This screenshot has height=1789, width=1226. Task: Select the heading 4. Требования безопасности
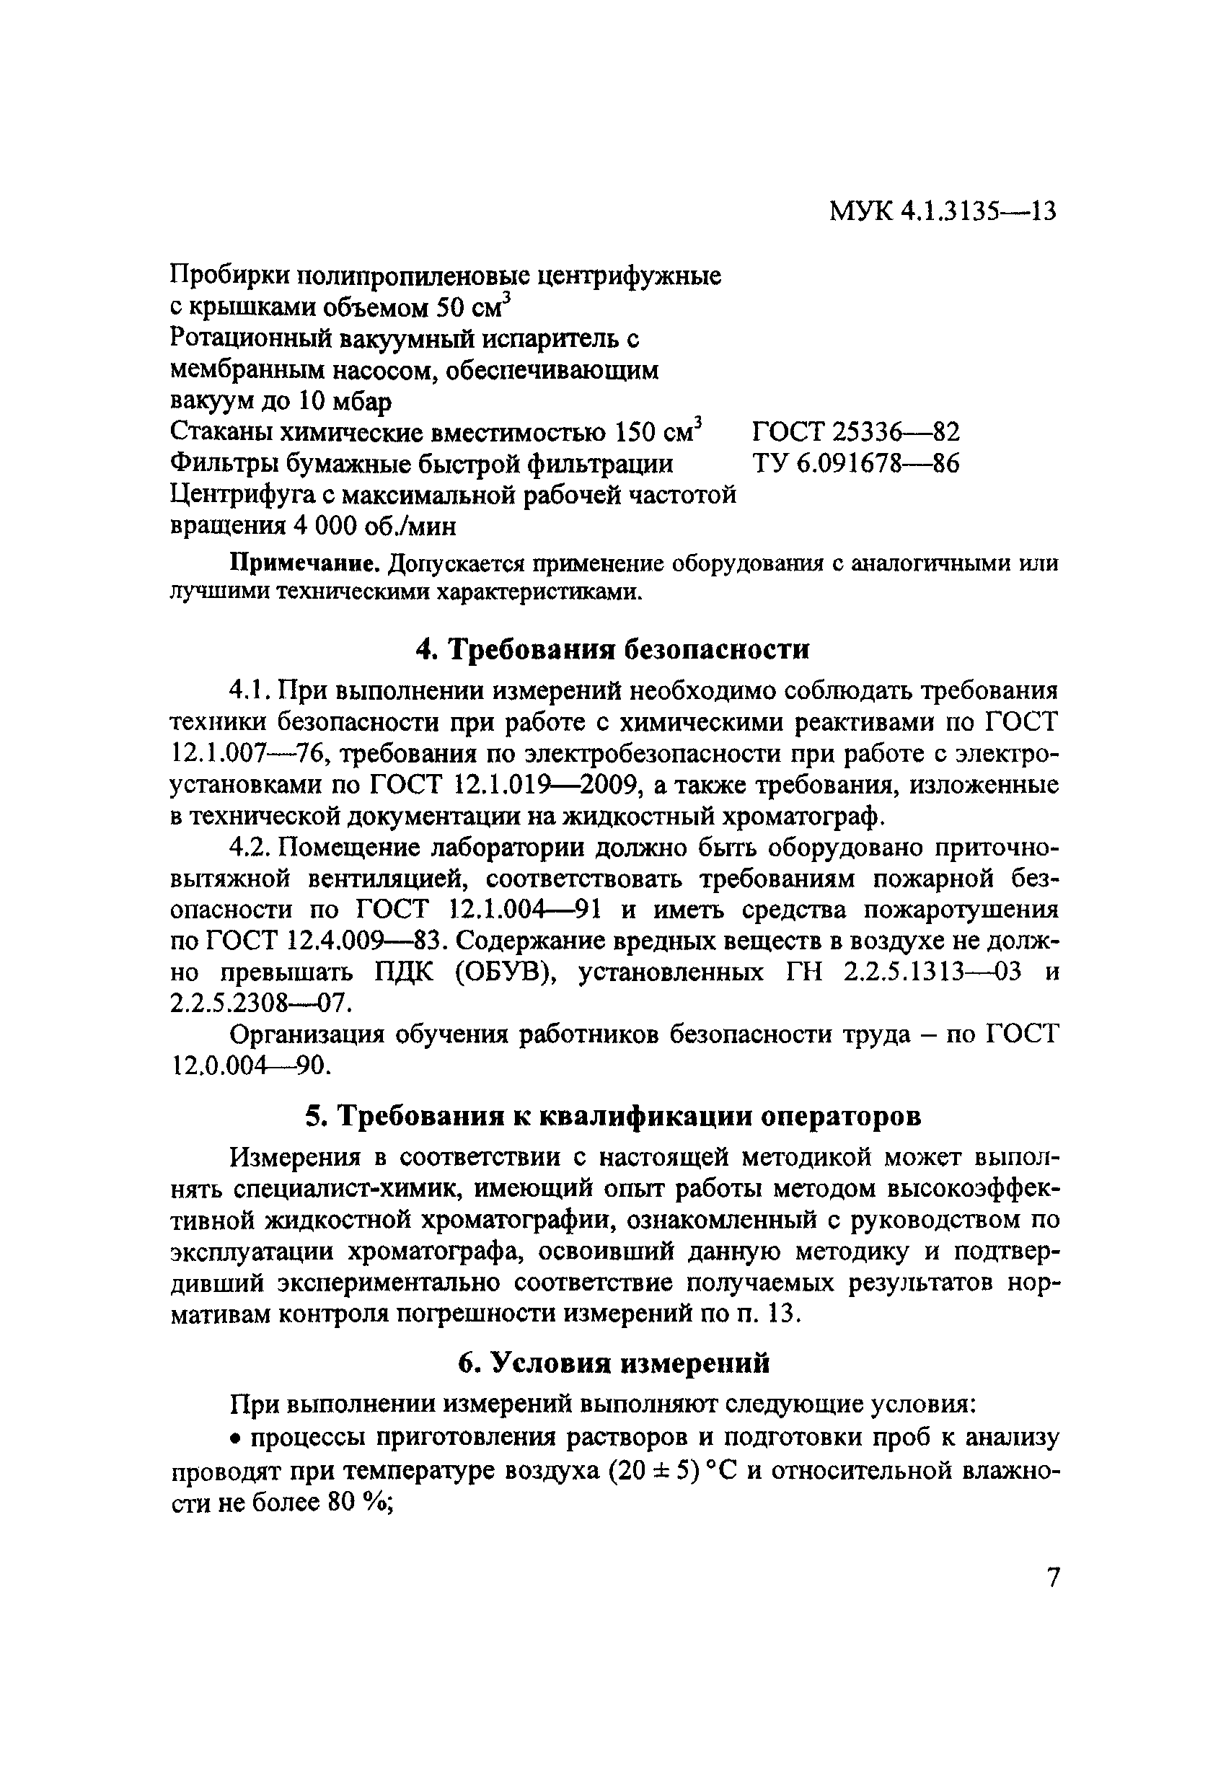point(612,650)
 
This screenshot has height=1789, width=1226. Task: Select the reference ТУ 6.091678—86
point(855,463)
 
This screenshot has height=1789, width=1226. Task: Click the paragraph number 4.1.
point(250,689)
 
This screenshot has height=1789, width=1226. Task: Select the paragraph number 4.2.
point(250,847)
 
